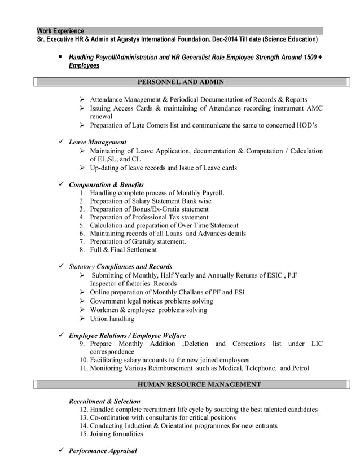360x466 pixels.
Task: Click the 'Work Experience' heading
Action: (60, 31)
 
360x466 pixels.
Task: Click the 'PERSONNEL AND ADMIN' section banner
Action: (181, 82)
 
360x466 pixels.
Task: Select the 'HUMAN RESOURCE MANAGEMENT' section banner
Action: (199, 385)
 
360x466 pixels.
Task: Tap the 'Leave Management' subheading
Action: (97, 142)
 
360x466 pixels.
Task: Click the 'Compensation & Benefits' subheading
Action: (106, 184)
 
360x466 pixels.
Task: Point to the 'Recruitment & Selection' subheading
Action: (104, 401)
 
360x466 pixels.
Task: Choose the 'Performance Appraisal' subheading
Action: (103, 451)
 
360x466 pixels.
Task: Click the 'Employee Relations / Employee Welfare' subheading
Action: (127, 335)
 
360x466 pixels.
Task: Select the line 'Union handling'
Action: (112, 318)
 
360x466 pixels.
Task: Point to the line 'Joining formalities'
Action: (116, 434)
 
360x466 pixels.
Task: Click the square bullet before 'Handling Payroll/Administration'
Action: (59, 57)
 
